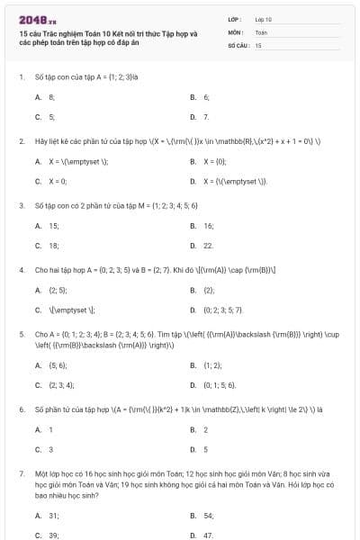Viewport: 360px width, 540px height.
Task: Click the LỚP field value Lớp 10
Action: [x=263, y=19]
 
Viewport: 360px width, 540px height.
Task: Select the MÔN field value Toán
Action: [x=261, y=31]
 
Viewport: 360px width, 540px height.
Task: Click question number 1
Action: [x=21, y=76]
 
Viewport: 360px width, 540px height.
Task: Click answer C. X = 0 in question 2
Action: [x=51, y=181]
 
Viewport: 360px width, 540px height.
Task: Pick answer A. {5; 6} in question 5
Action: [x=51, y=365]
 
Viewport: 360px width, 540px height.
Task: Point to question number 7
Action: [x=21, y=472]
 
